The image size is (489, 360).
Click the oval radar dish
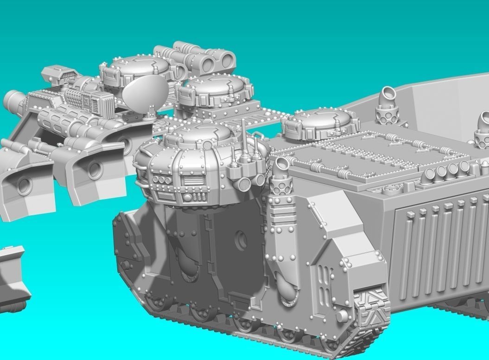coord(145,92)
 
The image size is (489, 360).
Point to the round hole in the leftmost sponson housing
coord(24,185)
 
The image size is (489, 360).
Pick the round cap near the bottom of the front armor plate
coord(342,316)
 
